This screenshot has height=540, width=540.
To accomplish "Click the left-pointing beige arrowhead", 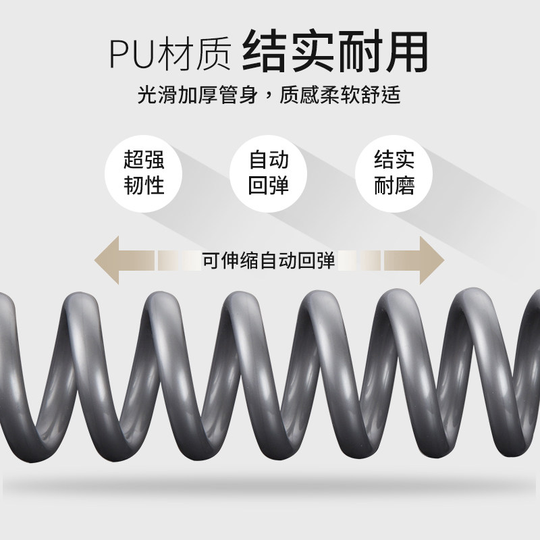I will (112, 259).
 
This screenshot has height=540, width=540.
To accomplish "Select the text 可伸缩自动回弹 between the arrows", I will (269, 259).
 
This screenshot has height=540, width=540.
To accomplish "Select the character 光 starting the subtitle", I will (146, 94).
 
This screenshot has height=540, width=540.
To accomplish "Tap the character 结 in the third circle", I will (384, 160).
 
